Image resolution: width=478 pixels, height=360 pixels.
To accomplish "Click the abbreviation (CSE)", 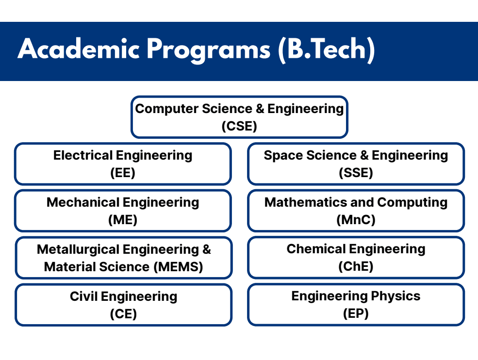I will click(239, 126).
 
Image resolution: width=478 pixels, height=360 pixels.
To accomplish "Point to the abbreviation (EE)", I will click(123, 173).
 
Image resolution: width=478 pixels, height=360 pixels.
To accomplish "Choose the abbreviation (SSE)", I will click(356, 173).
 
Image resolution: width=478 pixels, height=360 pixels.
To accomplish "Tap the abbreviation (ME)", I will click(123, 220).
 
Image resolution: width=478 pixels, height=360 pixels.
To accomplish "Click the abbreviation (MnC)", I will click(356, 220).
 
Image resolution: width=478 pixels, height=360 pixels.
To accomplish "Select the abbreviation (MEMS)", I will click(179, 266).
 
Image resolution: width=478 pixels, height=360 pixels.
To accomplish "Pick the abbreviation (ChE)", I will click(356, 266).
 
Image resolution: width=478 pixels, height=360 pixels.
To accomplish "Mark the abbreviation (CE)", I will click(123, 313).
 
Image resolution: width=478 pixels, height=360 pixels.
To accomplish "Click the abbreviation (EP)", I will click(356, 313).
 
